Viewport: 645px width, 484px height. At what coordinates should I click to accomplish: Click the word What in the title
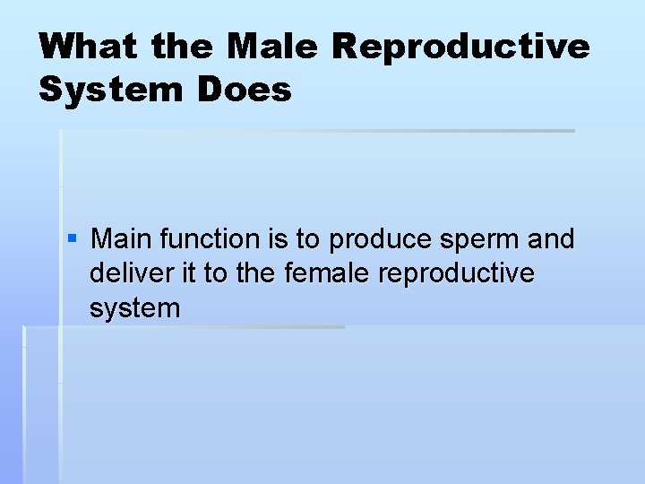pyautogui.click(x=89, y=47)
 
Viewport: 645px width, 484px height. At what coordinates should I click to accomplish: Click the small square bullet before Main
pyautogui.click(x=73, y=239)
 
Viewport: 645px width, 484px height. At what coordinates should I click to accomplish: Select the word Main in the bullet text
pyautogui.click(x=123, y=239)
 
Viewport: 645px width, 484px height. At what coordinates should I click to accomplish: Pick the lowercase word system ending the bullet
pyautogui.click(x=134, y=309)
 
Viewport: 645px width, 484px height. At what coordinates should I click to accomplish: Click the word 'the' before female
pyautogui.click(x=255, y=273)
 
